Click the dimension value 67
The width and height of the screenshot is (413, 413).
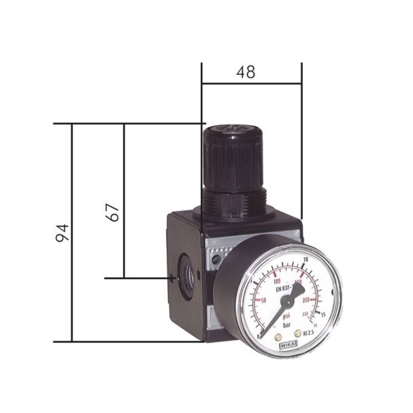pos(112,212)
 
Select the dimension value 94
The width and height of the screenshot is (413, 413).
pos(62,233)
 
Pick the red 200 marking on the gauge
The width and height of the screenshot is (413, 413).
pos(307,299)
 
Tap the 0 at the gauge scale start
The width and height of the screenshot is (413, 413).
pos(259,335)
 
